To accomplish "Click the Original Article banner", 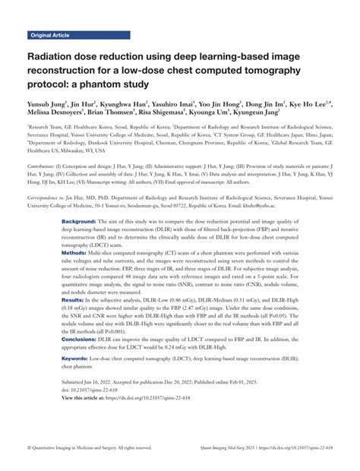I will coord(51,36).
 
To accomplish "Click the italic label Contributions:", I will coord(43,144).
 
